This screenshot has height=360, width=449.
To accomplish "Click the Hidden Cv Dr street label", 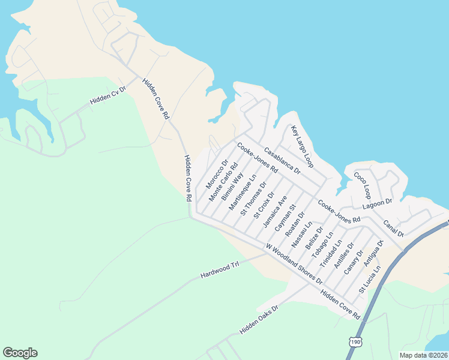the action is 108,95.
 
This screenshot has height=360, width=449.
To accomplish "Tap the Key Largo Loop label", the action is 302,146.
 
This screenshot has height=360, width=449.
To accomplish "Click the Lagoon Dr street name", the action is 377,203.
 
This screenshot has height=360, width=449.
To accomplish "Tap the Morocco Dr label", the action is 217,172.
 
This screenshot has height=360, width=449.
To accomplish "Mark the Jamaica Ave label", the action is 275,211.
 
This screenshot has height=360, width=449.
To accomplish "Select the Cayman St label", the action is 285,218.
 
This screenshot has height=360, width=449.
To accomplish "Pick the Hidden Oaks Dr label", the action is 259,319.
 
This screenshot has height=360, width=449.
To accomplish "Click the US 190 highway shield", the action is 355,341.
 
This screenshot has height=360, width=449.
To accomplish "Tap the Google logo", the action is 20,353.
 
